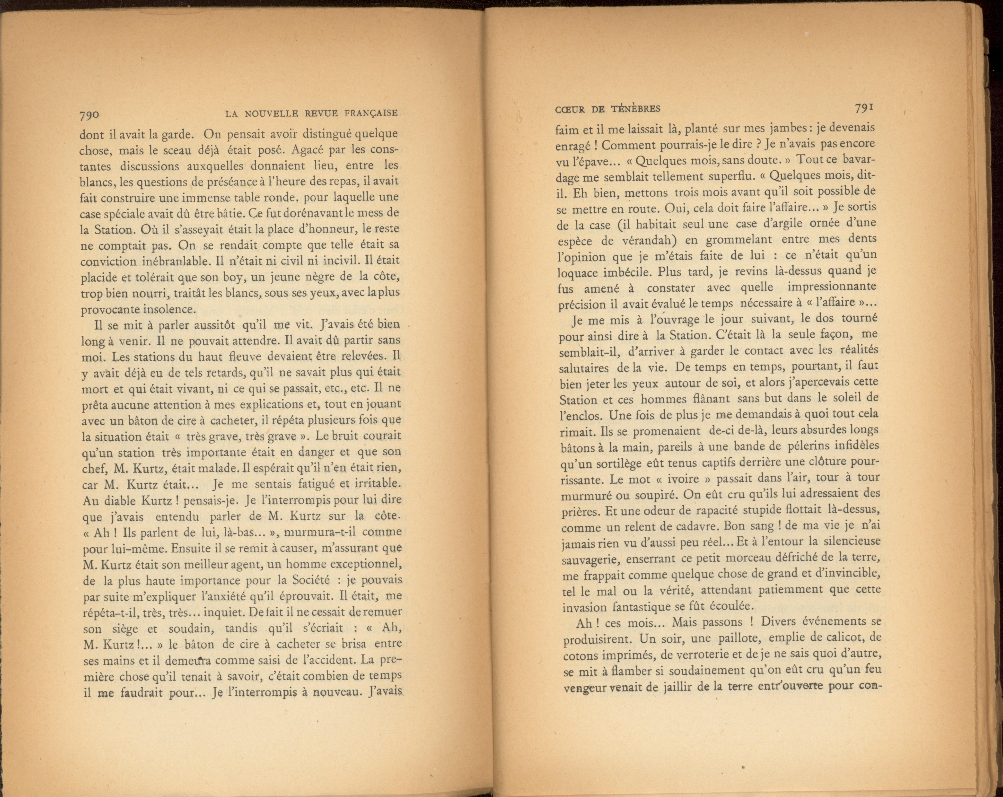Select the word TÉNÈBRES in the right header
[636, 109]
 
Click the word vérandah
[647, 241]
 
